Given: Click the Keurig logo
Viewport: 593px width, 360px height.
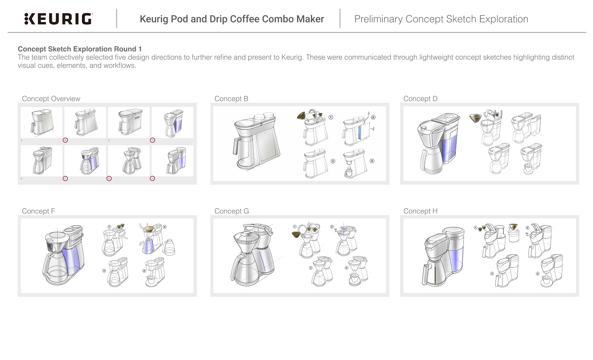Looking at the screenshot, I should [x=58, y=19].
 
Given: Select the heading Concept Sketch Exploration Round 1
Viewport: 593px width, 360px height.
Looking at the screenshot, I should [x=80, y=49].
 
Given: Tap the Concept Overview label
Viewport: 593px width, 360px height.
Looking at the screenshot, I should [x=51, y=99].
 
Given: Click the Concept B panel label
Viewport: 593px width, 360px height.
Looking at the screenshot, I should [x=231, y=99].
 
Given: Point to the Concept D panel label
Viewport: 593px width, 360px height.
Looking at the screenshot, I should [x=420, y=99].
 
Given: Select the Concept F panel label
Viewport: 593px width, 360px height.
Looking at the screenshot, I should [x=38, y=211].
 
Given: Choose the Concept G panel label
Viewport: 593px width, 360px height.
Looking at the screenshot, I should [x=232, y=211].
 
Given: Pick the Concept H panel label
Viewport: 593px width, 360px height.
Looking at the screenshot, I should [x=420, y=211].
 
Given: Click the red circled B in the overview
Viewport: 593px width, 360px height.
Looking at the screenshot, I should [x=65, y=140].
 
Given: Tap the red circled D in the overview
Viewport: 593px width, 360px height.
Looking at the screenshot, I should [x=152, y=140].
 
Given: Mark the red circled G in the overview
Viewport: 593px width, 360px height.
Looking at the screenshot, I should [x=109, y=178].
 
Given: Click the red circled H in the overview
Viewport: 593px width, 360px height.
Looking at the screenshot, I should [x=152, y=178].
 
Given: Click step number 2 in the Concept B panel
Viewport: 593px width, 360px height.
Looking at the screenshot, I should [x=373, y=117].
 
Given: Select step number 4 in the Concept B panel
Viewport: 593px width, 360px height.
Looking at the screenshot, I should [x=372, y=161].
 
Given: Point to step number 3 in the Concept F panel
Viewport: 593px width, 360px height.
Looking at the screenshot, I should [x=104, y=271].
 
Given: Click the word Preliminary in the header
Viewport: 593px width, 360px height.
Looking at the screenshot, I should [x=378, y=19].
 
